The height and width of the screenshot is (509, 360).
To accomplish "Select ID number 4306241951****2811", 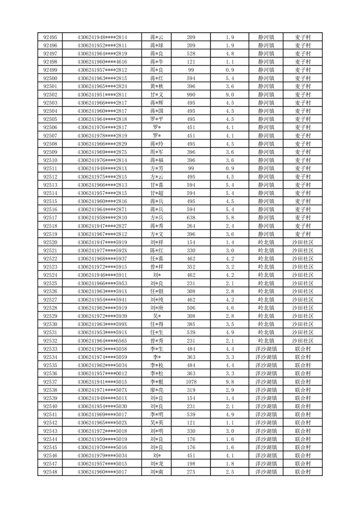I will click(x=102, y=94).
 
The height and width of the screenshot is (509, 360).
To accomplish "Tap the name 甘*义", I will click(x=157, y=94).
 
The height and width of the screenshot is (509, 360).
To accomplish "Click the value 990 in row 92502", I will click(x=191, y=94).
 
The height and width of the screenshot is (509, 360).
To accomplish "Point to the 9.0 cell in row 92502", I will click(x=230, y=94).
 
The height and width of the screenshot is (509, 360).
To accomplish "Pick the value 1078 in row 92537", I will click(x=191, y=382).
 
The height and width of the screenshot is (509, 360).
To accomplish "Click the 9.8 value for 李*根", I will click(x=230, y=382).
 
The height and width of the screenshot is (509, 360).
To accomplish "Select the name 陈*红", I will click(x=157, y=250).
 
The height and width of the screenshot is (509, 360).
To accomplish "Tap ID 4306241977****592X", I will click(x=102, y=250).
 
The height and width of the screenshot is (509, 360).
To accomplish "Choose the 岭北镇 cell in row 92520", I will click(x=266, y=242).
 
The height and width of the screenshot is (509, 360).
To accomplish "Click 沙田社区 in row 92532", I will click(x=302, y=341).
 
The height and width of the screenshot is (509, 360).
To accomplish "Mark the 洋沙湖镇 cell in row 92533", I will click(x=266, y=349).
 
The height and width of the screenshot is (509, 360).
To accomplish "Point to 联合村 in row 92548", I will click(x=302, y=472).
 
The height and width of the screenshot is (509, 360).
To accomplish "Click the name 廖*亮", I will click(x=157, y=390).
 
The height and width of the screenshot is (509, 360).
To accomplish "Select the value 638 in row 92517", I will click(x=191, y=217).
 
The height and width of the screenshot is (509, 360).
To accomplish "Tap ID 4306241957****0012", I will click(x=102, y=373).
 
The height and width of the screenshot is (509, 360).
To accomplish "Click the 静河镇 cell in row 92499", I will click(x=266, y=70).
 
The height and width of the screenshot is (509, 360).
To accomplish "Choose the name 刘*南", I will click(x=157, y=472).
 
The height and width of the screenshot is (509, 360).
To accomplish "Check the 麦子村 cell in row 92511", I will click(x=302, y=168).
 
